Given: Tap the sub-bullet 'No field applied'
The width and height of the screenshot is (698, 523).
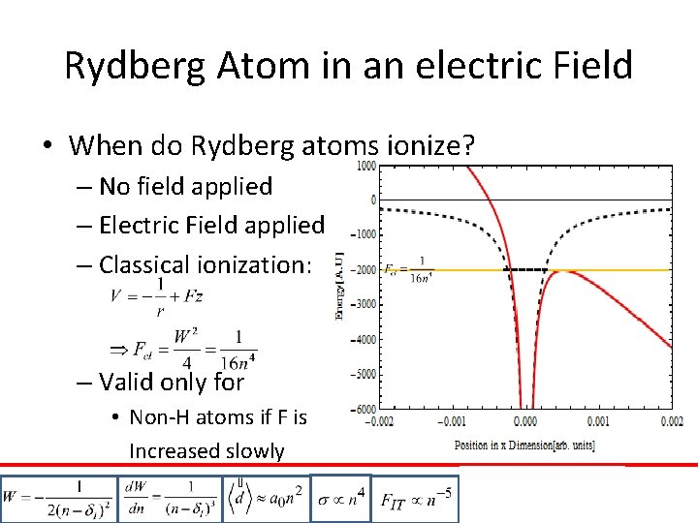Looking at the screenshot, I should click(185, 186).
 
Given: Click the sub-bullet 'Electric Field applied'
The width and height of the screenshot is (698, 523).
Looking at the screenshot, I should click(211, 225).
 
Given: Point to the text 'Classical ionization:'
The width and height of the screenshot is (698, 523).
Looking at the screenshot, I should click(205, 264).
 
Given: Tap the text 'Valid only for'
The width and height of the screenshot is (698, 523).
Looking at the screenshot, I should click(171, 382).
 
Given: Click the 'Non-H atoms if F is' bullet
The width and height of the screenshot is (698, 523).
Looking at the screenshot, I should click(217, 417).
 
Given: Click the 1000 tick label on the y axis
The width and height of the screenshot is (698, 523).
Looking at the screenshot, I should click(365, 167).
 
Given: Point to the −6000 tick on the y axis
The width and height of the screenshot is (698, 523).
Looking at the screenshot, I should click(364, 409).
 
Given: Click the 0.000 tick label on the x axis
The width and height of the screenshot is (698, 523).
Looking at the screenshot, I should click(524, 422).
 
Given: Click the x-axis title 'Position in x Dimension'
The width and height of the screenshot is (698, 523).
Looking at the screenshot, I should click(524, 446).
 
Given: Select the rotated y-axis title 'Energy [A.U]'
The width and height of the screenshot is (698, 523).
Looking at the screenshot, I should click(339, 287).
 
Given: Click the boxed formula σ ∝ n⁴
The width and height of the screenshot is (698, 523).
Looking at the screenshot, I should click(340, 498).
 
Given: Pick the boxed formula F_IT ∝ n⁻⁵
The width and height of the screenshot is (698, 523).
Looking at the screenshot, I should click(414, 499).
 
